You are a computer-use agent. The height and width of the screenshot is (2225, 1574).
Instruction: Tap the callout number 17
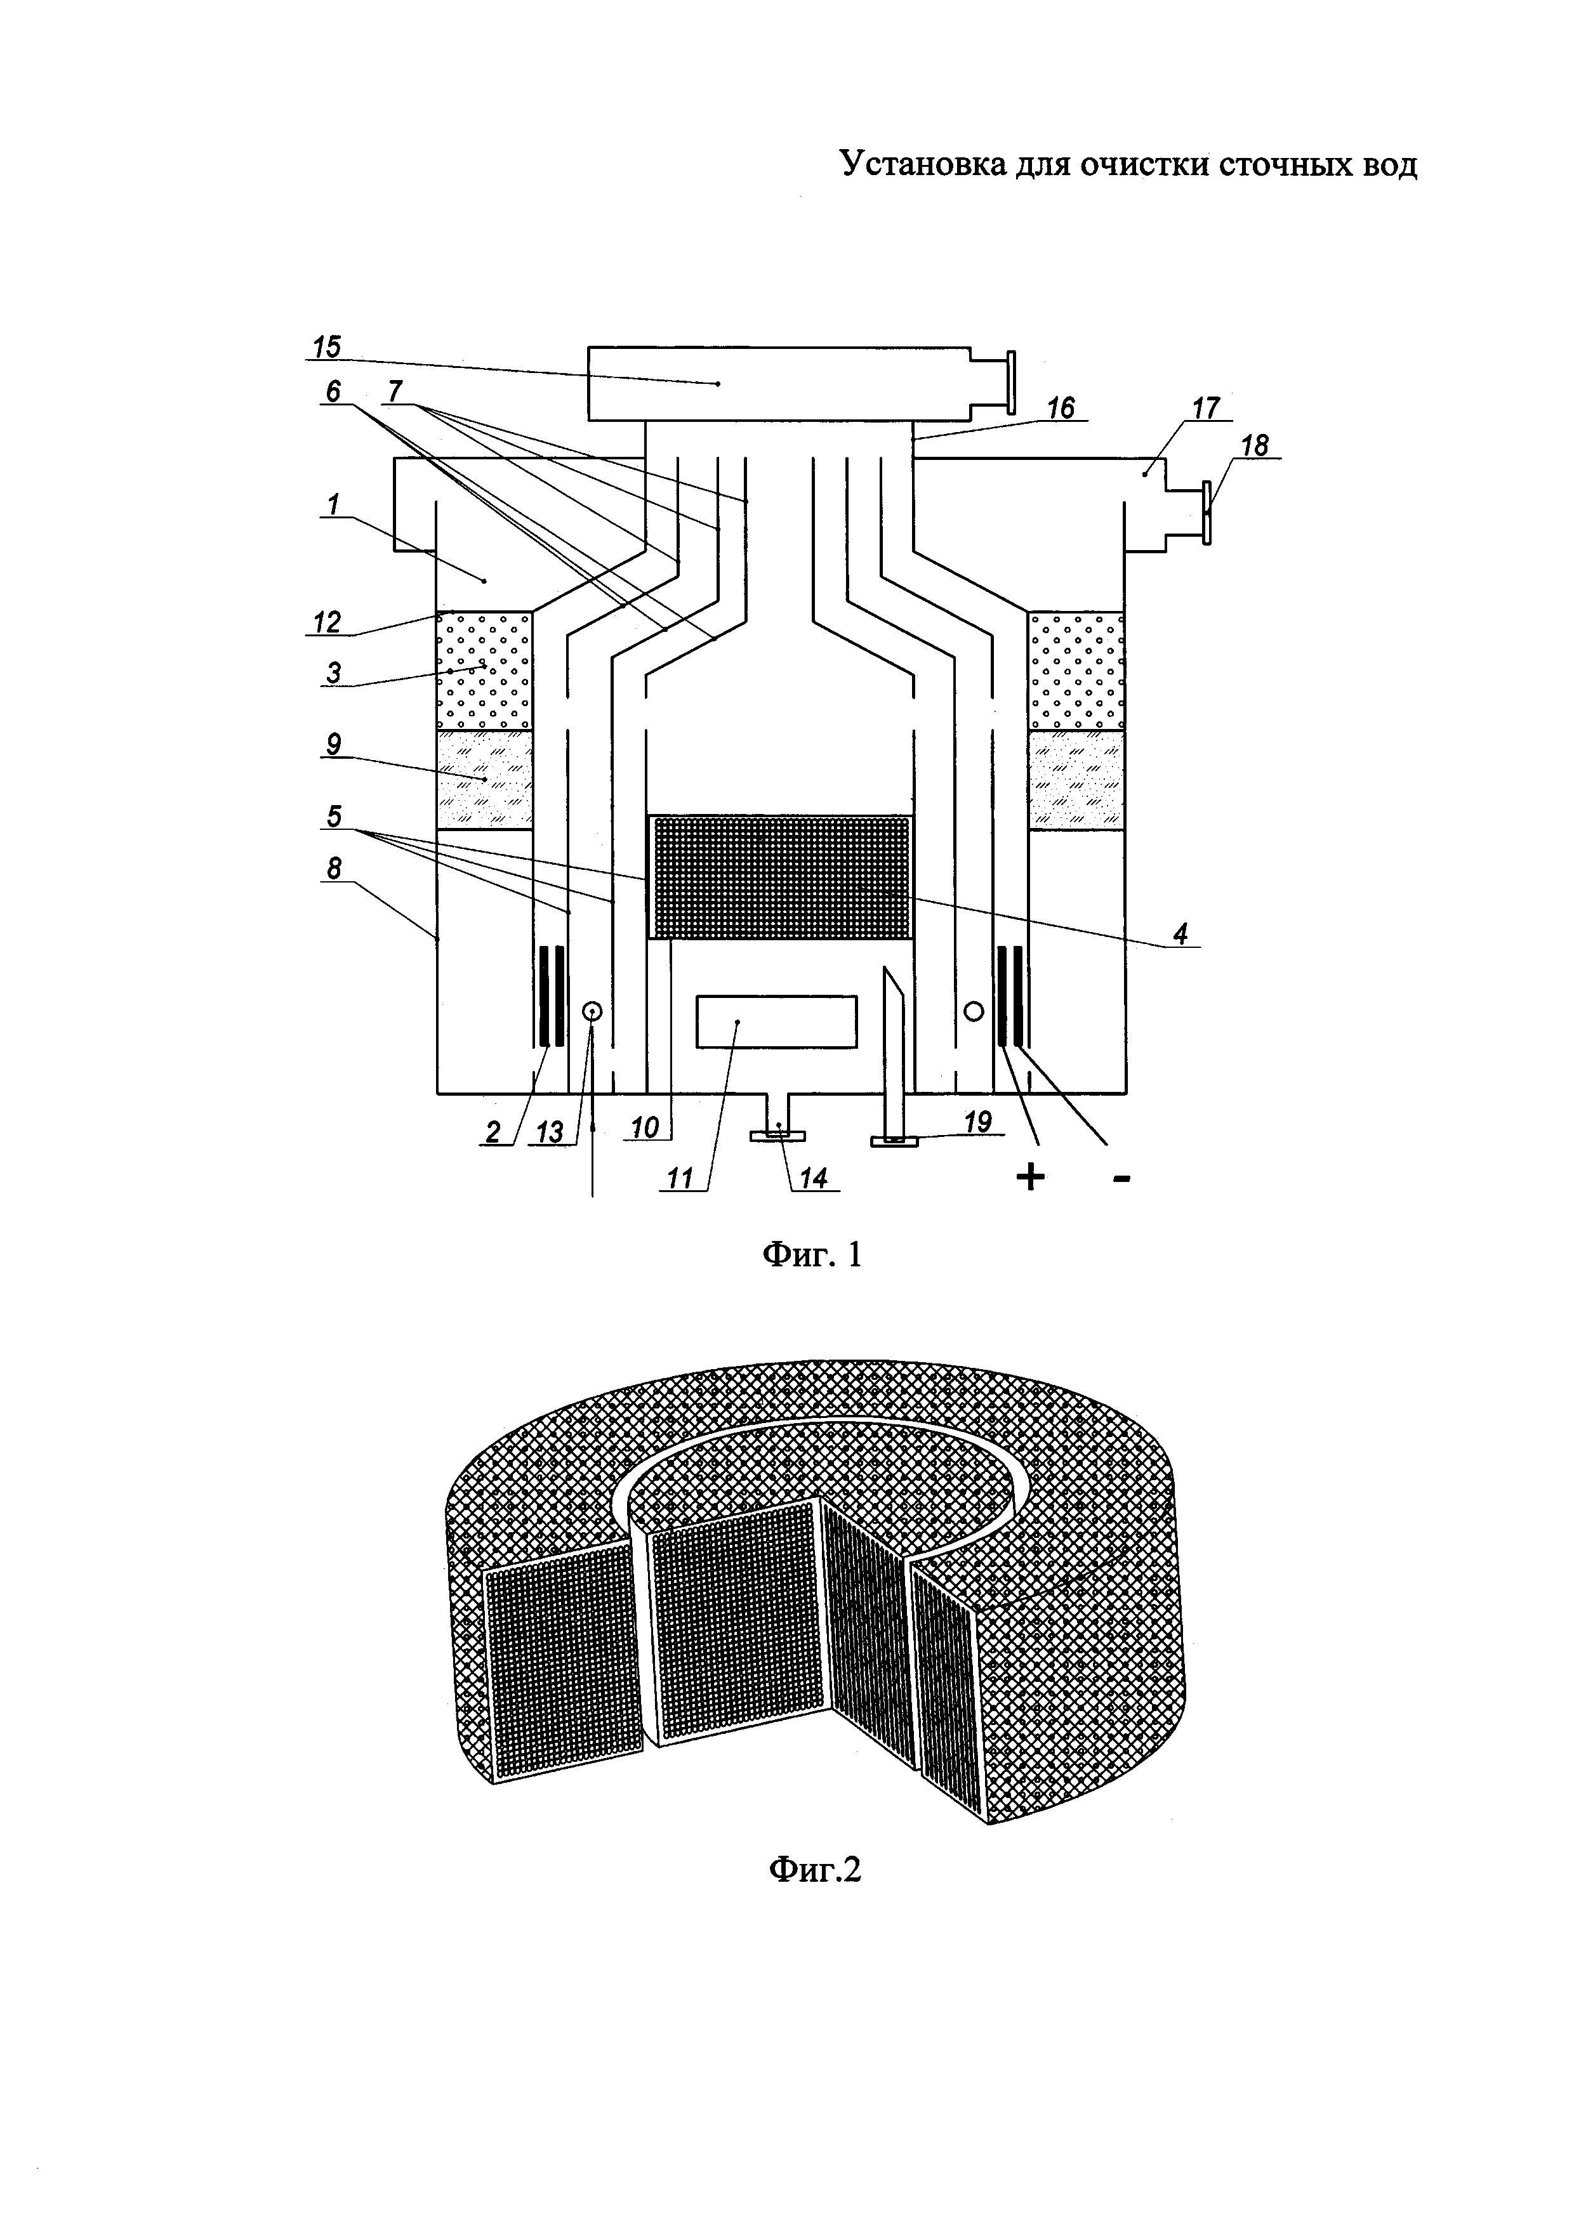1205,408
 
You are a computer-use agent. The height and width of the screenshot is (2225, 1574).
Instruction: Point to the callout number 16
1061,408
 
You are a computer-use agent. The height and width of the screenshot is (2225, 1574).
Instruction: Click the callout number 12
327,621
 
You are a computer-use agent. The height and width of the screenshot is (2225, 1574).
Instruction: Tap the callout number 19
978,1121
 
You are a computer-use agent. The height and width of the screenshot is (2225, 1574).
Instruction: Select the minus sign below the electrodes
1121,1178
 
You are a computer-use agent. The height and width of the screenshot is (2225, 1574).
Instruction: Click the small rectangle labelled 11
776,1021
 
